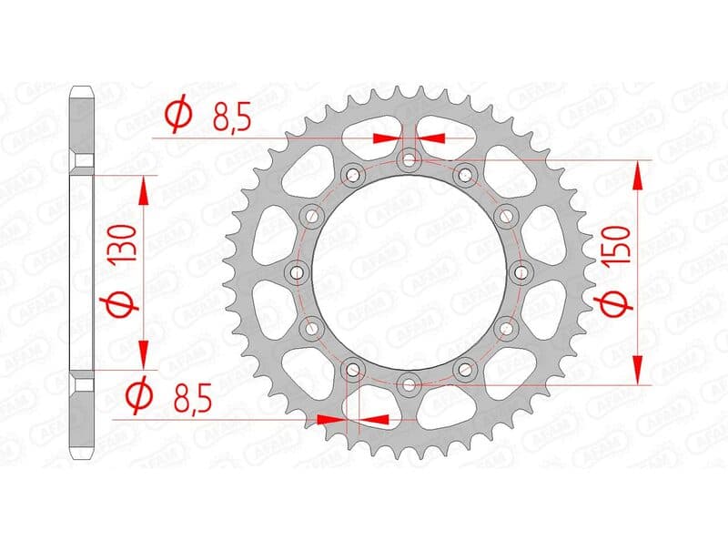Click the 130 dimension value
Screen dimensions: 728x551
(124, 242)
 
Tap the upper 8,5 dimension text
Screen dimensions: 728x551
(232, 120)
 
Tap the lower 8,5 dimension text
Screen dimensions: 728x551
(193, 398)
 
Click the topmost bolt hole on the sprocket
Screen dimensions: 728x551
(409, 161)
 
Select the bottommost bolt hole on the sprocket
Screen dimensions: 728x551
(409, 384)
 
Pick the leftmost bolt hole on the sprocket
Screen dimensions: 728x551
(297, 272)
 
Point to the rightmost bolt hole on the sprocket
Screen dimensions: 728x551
(521, 272)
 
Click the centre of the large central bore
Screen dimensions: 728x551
(409, 272)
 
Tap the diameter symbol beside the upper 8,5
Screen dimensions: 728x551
(179, 114)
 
